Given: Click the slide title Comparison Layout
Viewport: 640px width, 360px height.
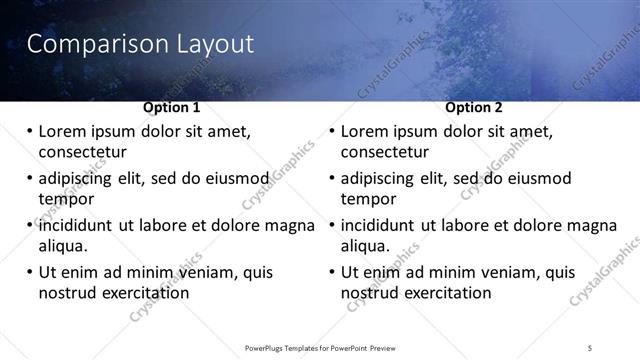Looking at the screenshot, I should click(139, 45).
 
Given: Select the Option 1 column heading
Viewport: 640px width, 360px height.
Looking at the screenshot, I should click(171, 107).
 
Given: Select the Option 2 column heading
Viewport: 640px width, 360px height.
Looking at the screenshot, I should click(474, 107).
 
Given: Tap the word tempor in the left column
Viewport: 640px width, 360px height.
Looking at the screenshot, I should click(66, 200).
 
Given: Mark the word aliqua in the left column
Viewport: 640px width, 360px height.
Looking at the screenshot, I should click(63, 246).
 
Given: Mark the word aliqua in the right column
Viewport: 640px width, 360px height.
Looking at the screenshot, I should click(366, 246).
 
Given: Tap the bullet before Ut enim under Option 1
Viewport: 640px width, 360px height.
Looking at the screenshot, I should click(29, 272).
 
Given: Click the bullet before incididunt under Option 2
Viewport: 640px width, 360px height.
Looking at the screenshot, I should click(332, 225).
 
